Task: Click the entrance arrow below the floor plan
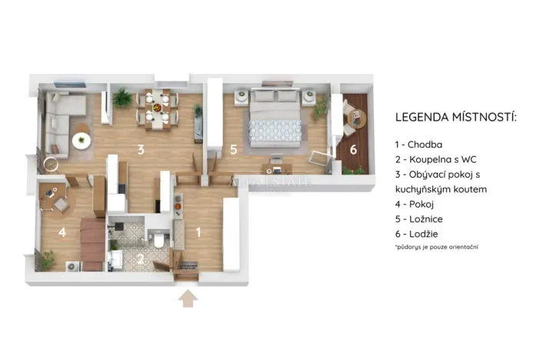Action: [187, 298]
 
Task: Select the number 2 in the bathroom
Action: [140, 259]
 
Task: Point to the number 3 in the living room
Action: [141, 149]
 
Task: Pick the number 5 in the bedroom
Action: [233, 149]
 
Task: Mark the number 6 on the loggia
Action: [353, 149]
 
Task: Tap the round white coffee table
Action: [81, 141]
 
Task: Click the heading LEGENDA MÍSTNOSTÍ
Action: [455, 118]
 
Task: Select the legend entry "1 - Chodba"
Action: [418, 144]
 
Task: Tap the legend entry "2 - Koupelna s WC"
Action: [436, 159]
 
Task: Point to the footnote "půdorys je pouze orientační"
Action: [436, 247]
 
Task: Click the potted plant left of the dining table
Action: [122, 98]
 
